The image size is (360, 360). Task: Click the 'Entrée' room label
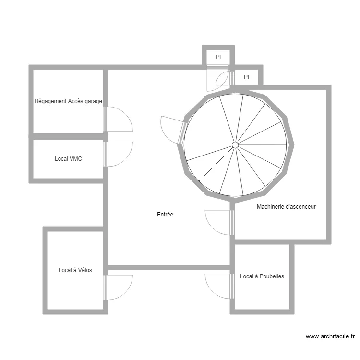(x=165, y=215)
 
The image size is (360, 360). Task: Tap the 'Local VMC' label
(x=68, y=158)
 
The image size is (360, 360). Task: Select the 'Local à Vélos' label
(x=75, y=270)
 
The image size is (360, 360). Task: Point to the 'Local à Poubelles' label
(x=262, y=276)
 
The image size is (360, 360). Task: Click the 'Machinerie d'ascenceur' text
(x=286, y=207)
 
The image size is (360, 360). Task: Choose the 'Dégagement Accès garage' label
(x=68, y=101)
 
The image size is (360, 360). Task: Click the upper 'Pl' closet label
(x=218, y=57)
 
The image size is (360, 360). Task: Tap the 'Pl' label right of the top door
(x=246, y=77)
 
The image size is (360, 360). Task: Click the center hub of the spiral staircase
(x=235, y=144)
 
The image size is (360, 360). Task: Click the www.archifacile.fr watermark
(x=330, y=337)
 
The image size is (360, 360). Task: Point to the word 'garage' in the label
(x=93, y=101)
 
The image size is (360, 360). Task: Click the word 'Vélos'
(x=84, y=270)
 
